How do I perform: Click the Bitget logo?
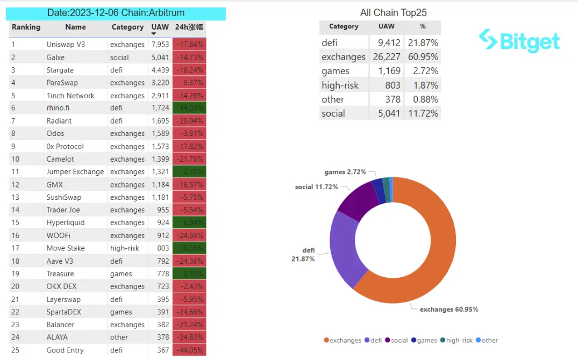[519, 41]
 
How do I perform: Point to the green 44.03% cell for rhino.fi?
[189, 108]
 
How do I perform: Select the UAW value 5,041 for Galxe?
[160, 57]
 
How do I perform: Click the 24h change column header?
[189, 27]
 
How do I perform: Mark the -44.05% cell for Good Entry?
[189, 350]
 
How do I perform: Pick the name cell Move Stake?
[66, 248]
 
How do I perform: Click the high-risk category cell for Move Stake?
[125, 248]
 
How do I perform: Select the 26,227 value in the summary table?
[386, 57]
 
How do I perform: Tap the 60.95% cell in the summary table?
[422, 57]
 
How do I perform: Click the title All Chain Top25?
[394, 12]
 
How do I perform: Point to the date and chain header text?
[116, 13]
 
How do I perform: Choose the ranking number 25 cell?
[16, 350]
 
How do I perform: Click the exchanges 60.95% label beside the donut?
[449, 309]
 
